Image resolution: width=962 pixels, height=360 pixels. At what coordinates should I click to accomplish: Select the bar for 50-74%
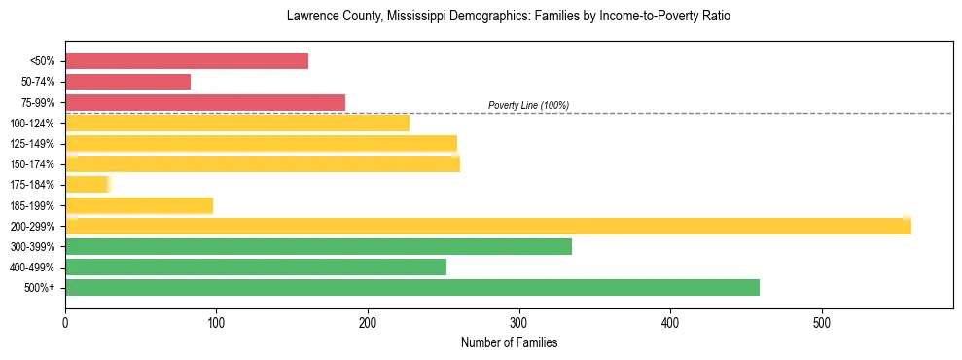pos(127,82)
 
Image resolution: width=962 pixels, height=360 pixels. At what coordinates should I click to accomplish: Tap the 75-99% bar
pos(205,102)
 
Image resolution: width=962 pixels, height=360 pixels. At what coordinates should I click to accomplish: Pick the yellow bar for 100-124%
pos(237,123)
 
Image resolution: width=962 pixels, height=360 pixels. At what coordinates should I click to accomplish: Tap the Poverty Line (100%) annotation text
pos(528,105)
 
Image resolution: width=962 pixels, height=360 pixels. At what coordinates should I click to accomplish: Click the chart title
pos(508,17)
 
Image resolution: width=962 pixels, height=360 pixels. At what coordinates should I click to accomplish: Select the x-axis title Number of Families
pos(509,343)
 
